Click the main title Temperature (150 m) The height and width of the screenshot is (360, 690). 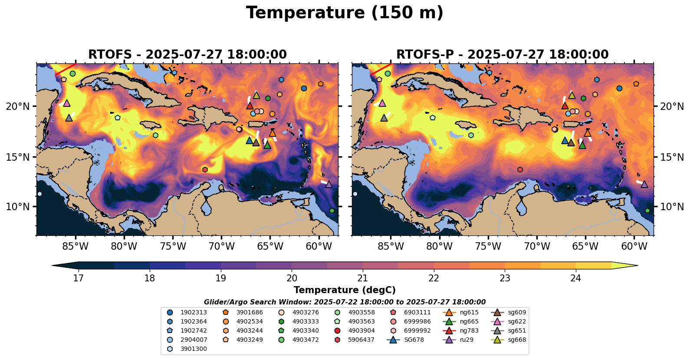click(345, 13)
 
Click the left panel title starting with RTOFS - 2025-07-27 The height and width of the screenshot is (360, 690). click(187, 55)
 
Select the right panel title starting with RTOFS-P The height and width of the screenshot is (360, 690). click(502, 55)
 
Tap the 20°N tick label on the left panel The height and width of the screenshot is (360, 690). click(18, 106)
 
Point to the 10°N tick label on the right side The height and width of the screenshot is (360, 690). click(672, 207)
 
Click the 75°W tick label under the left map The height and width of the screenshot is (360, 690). click(173, 247)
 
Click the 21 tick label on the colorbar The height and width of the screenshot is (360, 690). click(362, 278)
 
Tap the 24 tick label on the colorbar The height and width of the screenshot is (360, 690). click(575, 278)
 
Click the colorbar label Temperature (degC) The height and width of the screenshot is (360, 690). click(345, 290)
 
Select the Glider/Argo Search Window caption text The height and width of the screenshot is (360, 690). click(345, 302)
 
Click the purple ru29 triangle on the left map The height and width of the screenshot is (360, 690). click(329, 185)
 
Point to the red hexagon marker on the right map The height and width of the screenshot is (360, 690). click(520, 169)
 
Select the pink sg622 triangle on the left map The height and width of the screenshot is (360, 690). click(67, 103)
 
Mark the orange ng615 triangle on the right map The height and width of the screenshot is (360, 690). click(588, 133)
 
